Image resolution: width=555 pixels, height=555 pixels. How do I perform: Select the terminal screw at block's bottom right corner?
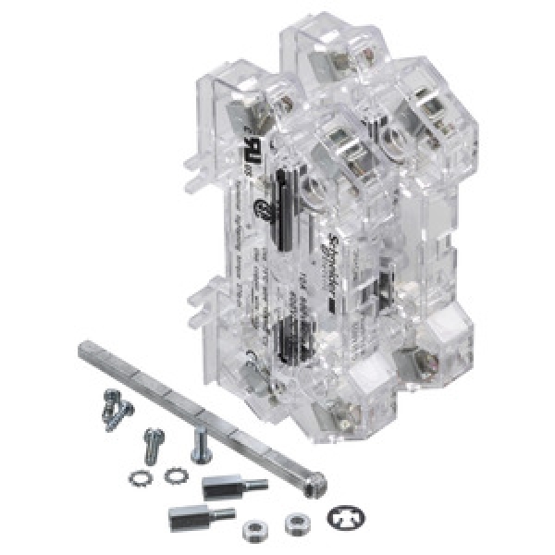427,350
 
